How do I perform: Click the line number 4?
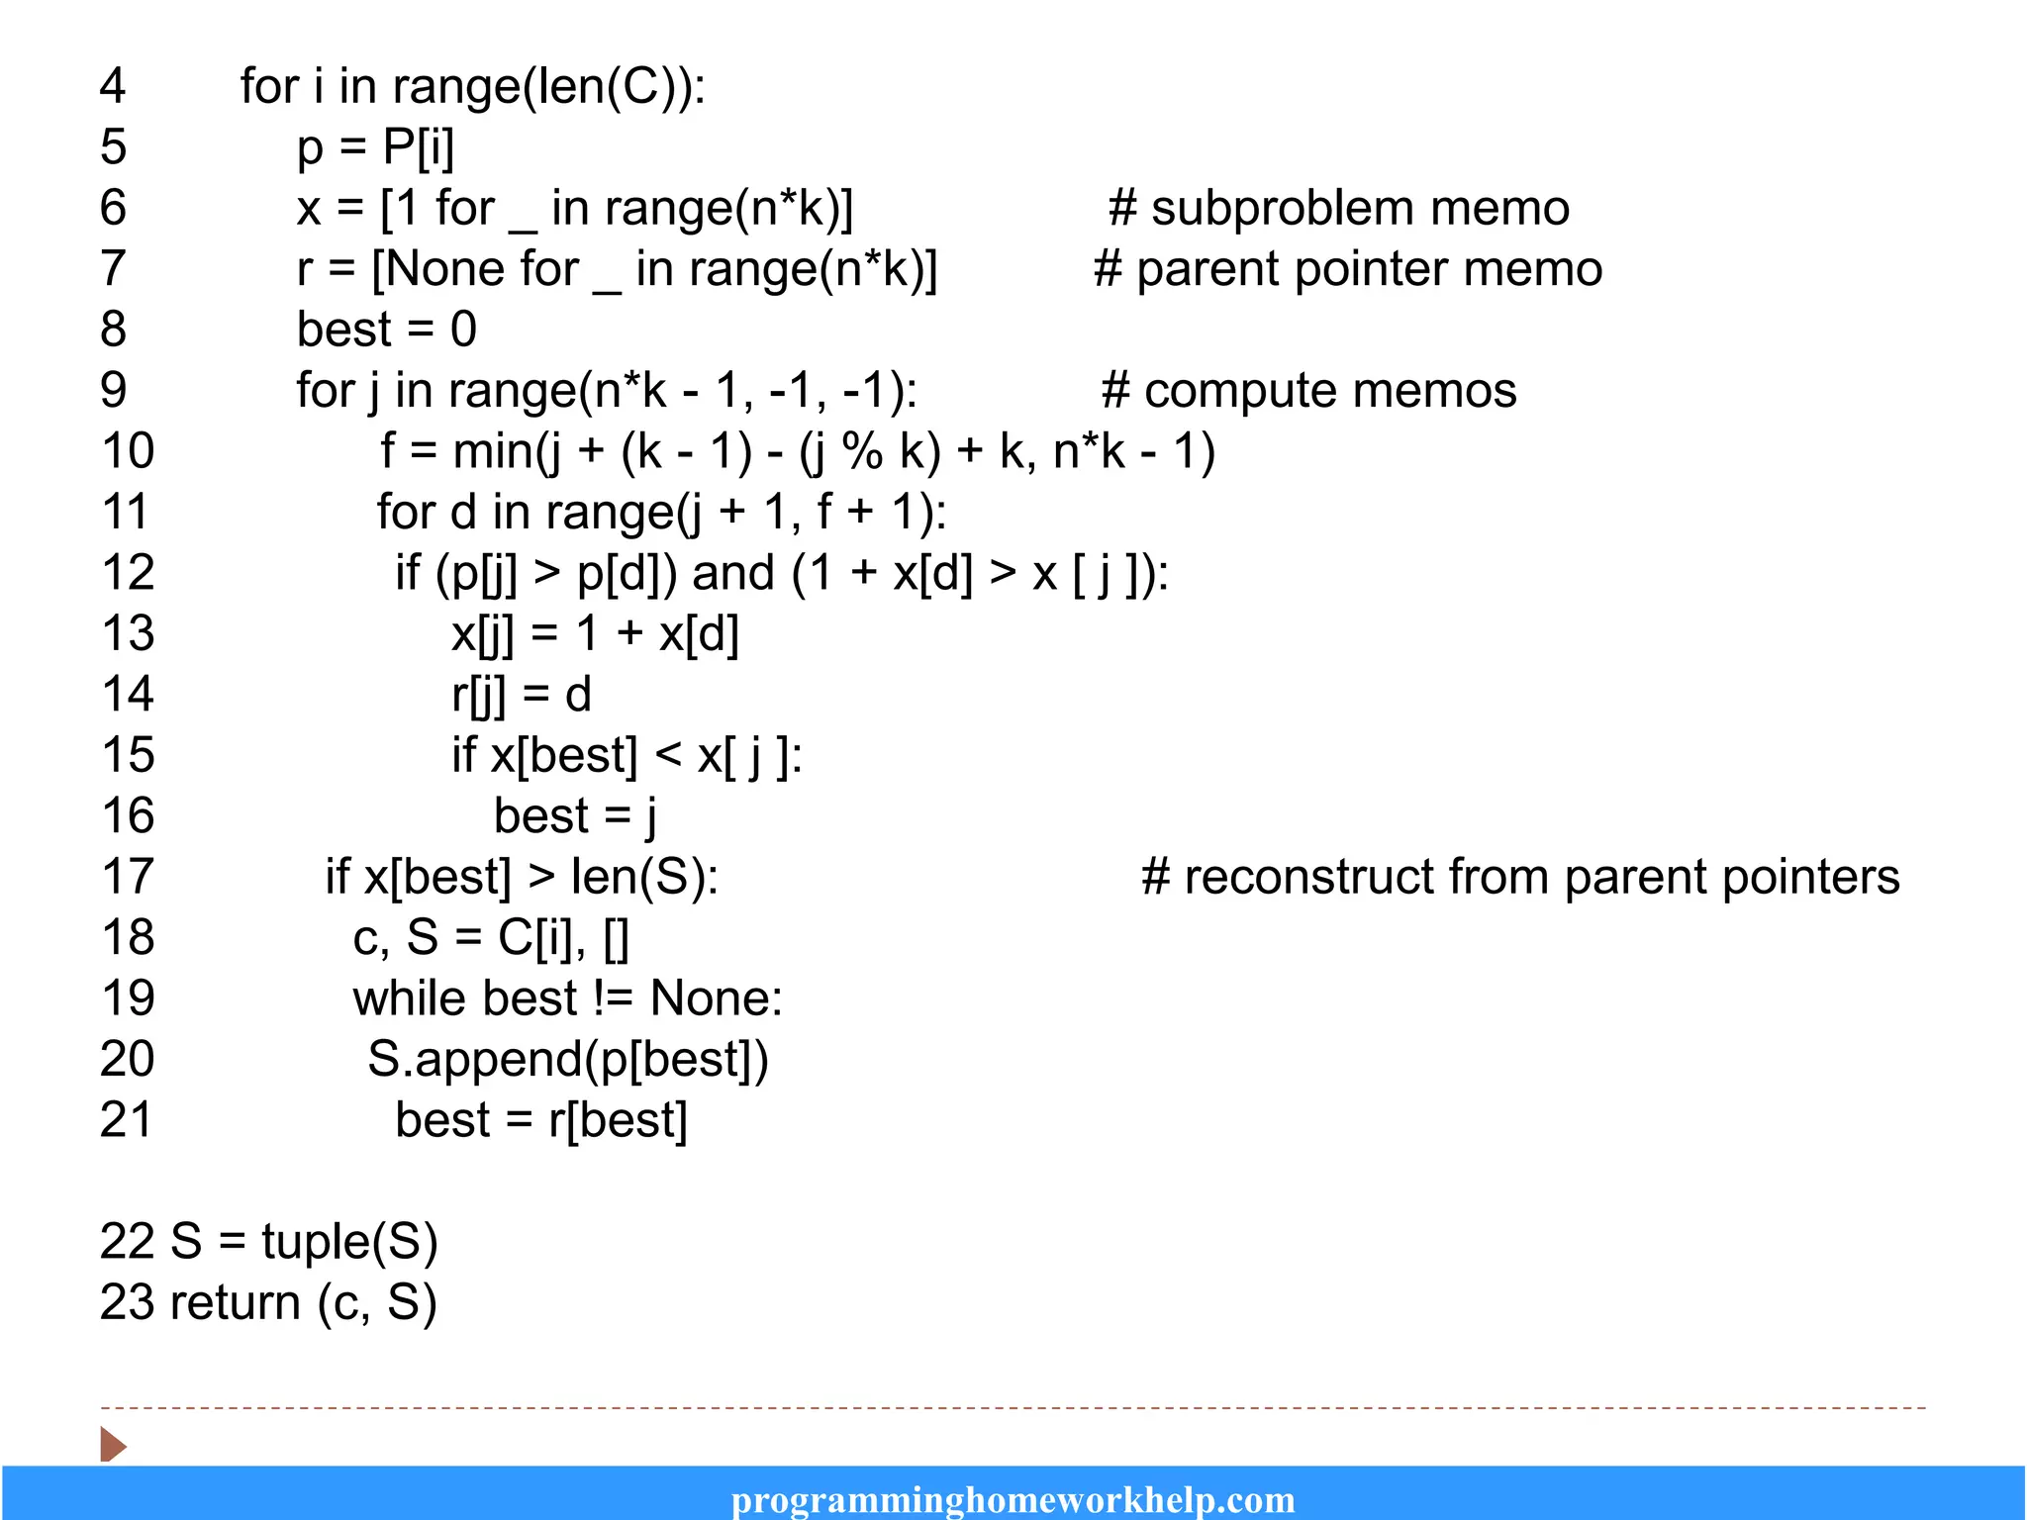[113, 86]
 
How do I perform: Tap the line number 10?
[128, 451]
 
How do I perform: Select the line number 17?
[128, 877]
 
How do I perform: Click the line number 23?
[127, 1302]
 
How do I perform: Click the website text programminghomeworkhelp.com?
[1013, 1500]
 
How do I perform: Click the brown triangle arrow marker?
[113, 1445]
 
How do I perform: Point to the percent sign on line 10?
[862, 451]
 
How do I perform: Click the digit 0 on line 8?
[463, 330]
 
